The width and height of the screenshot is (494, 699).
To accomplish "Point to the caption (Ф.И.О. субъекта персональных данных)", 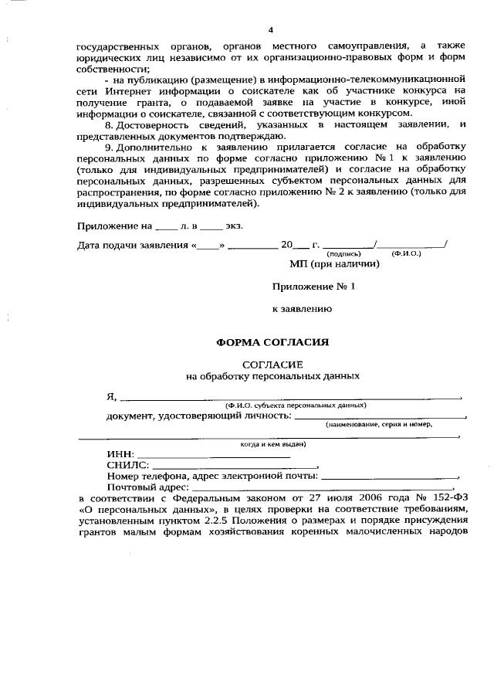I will (x=295, y=405).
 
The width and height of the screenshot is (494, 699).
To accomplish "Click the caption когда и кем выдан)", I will (x=273, y=444).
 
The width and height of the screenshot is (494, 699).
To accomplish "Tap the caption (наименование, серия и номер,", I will (x=378, y=425).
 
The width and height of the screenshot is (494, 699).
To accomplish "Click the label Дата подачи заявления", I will (x=133, y=246).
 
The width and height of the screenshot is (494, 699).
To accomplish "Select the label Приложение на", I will (x=115, y=226).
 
